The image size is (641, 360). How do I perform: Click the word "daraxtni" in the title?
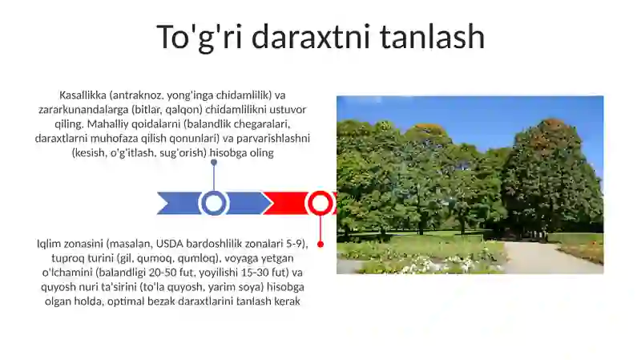pos(316,37)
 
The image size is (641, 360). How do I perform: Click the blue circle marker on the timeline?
pos(213,204)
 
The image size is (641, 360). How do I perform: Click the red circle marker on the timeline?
pos(320,204)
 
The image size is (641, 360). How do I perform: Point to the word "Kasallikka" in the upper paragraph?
pos(84,95)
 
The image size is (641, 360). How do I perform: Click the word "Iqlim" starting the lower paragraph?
pos(50,244)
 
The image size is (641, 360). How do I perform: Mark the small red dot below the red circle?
pos(320,244)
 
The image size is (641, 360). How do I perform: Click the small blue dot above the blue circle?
pos(213,163)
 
